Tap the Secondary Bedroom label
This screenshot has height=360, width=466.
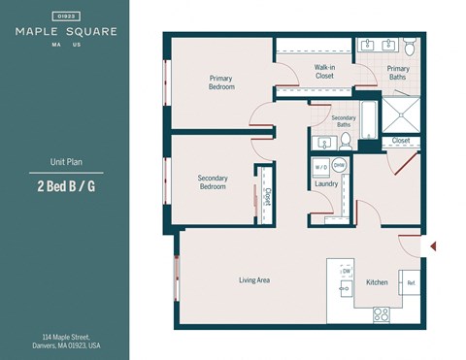[x=212, y=182]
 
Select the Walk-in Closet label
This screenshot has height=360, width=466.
[x=324, y=71]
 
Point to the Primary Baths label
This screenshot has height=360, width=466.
[x=398, y=73]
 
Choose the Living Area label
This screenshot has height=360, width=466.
[x=254, y=280]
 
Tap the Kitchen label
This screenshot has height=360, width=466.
[x=377, y=282]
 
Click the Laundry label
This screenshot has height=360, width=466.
[x=326, y=183]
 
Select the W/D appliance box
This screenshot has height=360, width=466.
[x=321, y=166]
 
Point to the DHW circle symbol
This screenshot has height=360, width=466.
[x=340, y=166]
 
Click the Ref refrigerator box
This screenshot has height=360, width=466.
[x=411, y=283]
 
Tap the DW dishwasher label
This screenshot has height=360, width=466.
[x=346, y=271]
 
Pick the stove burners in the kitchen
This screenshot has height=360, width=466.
[x=381, y=313]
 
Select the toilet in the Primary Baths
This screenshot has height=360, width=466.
[x=410, y=46]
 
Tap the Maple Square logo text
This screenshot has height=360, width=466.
[x=66, y=31]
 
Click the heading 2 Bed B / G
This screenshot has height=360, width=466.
[x=66, y=186]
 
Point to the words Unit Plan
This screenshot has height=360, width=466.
[x=66, y=162]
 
